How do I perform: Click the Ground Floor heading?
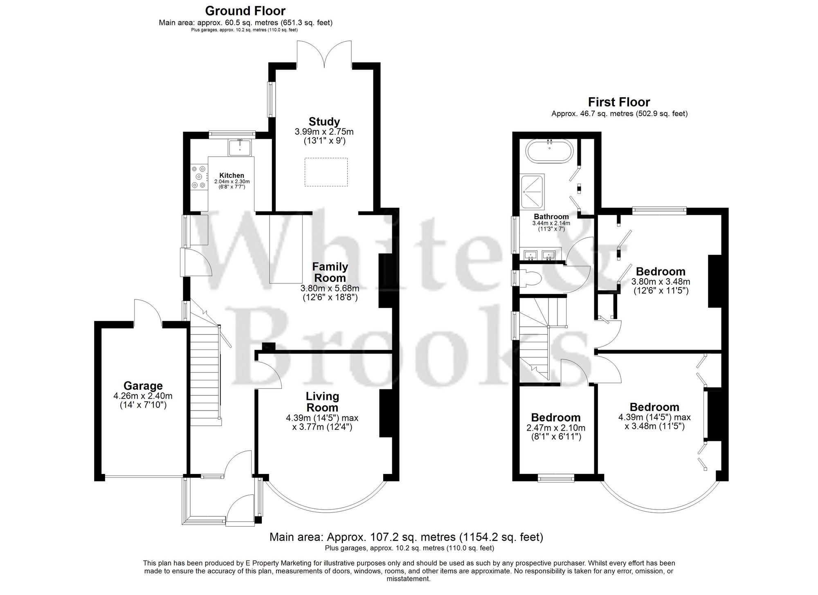coord(245,10)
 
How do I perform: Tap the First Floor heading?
coord(619,102)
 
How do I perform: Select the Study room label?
coord(324,121)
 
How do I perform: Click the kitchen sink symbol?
coord(240,148)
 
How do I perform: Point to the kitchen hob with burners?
coord(199,177)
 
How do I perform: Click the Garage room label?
coord(143,386)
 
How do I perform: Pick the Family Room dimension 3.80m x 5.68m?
coord(330,288)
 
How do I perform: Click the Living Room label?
coord(323,402)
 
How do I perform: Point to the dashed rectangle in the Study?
coord(326,172)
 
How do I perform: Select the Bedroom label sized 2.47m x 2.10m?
coord(555,418)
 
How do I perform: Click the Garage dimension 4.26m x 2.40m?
coord(143,396)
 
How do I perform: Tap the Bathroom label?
coord(551,217)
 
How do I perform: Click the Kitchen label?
coord(231,175)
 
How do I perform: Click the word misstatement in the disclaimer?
coord(408,579)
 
